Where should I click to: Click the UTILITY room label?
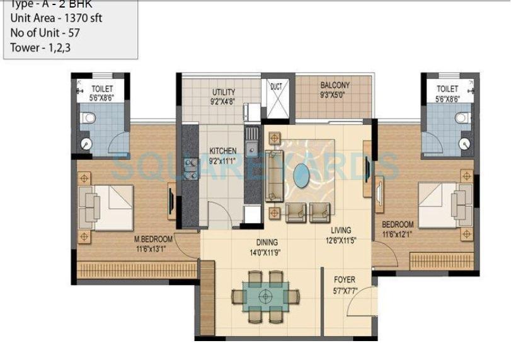click(224, 92)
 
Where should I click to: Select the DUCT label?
click(276, 86)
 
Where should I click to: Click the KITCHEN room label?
click(223, 151)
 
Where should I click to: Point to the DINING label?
click(267, 242)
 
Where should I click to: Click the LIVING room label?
click(338, 231)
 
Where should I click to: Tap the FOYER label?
click(344, 279)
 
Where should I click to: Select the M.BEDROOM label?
click(153, 239)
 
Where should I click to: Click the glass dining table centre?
click(266, 294)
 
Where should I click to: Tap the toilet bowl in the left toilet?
click(89, 117)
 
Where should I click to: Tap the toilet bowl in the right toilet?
click(463, 117)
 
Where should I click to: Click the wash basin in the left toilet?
click(86, 144)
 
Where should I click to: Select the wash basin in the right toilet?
click(466, 143)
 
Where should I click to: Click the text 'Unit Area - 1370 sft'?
click(56, 18)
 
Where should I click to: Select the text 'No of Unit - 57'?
click(45, 33)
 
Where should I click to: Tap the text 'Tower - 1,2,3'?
click(40, 47)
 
